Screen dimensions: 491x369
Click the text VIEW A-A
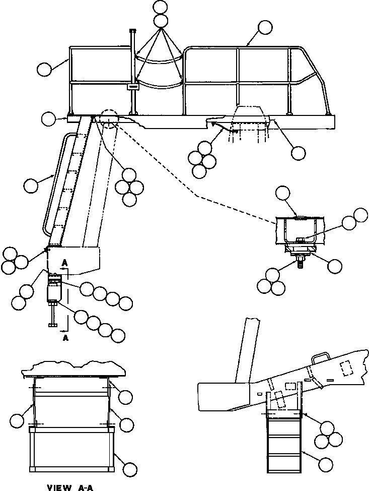click(70, 487)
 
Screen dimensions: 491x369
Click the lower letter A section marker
click(65, 338)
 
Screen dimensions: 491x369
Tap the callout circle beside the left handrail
click(45, 69)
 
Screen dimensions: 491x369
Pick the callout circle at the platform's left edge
click(49, 119)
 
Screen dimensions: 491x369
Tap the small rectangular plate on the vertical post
click(133, 87)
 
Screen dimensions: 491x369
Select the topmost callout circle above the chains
click(161, 8)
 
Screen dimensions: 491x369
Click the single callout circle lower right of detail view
click(333, 265)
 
